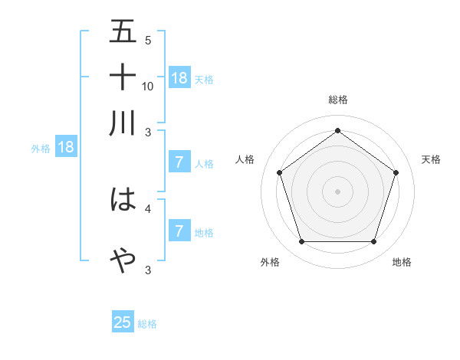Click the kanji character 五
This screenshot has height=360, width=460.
[123, 32]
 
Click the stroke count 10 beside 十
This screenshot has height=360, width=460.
[148, 86]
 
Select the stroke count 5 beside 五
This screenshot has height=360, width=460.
[148, 41]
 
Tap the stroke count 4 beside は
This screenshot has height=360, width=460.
[148, 208]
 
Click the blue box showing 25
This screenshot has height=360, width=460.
[123, 322]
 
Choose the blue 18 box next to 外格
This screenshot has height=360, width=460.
[66, 148]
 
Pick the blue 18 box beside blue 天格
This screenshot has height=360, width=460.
[179, 78]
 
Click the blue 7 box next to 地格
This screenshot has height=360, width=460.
[179, 231]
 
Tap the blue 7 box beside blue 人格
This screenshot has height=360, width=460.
[179, 162]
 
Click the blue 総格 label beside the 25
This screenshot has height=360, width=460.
[148, 324]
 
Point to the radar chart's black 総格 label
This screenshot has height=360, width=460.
[337, 100]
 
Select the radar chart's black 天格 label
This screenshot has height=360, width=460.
[432, 159]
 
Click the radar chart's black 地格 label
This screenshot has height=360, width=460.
[402, 263]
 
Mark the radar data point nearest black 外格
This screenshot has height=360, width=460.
[301, 242]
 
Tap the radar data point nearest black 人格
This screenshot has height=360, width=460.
[279, 173]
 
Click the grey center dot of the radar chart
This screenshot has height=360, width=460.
[337, 191]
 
